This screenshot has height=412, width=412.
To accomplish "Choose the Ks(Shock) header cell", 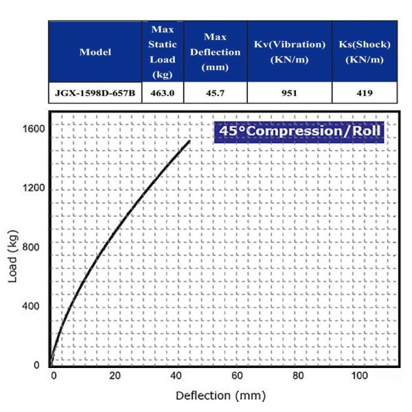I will click(x=365, y=52).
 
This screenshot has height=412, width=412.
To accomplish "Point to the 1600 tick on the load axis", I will click(x=33, y=128).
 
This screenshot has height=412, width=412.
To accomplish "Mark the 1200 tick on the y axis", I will click(x=33, y=188).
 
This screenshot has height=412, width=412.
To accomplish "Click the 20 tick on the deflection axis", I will click(x=115, y=376).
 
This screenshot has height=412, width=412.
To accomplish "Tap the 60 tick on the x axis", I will click(x=238, y=376).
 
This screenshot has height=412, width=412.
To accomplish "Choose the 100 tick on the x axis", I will click(x=359, y=376).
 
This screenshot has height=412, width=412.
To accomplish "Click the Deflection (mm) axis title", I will click(x=216, y=396).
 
